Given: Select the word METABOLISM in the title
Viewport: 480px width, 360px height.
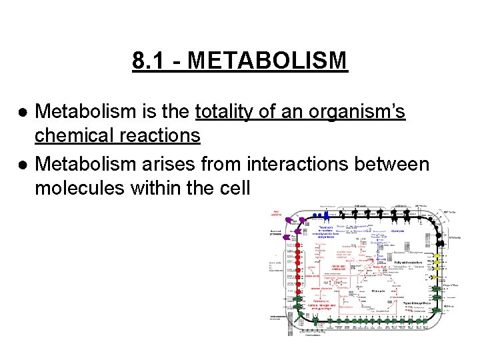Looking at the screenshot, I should (268, 61).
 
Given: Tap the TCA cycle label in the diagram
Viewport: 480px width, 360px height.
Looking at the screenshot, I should (378, 291).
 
